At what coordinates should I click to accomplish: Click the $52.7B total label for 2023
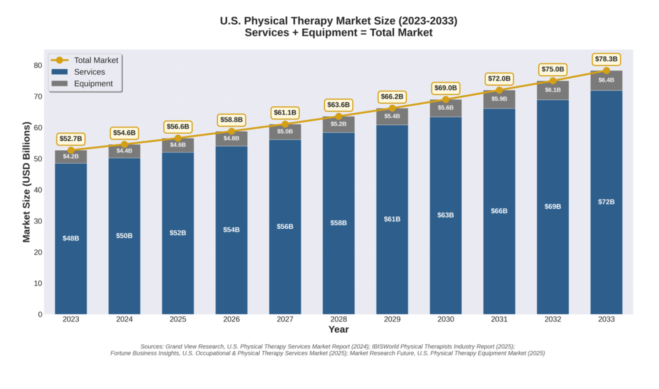tap(70, 139)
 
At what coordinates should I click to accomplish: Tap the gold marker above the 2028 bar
tap(338, 116)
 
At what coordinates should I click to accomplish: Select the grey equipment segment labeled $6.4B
tap(606, 80)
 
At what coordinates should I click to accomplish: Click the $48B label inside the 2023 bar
tap(70, 238)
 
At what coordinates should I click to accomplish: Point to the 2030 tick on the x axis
tap(445, 319)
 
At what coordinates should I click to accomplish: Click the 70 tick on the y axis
tap(38, 96)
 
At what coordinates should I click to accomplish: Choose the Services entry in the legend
tap(89, 72)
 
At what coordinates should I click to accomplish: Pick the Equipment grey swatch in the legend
tap(59, 84)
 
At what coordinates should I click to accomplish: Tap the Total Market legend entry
tap(96, 60)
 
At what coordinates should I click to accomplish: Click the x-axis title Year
tap(338, 329)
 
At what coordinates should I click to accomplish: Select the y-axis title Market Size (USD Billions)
tap(27, 182)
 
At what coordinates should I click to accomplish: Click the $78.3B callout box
tap(606, 59)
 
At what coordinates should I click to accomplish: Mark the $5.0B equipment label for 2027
tap(285, 132)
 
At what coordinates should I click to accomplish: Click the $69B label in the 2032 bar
tap(552, 206)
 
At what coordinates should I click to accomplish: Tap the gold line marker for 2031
tap(499, 90)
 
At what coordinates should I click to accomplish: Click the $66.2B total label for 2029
tap(392, 97)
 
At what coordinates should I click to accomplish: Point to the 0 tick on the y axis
tap(40, 314)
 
